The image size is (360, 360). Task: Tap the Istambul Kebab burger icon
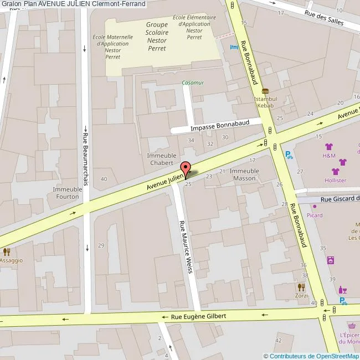click(265, 91)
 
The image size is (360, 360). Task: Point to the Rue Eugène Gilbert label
click(198, 316)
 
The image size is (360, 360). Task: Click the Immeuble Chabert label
click(160, 160)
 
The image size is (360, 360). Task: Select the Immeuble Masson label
click(244, 174)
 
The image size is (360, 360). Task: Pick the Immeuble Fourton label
click(67, 193)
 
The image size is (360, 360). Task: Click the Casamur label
click(193, 83)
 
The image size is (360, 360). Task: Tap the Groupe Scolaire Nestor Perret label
click(157, 36)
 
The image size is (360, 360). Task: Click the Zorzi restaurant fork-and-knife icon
click(301, 287)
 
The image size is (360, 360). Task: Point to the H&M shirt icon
click(330, 147)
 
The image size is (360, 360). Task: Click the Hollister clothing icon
click(335, 171)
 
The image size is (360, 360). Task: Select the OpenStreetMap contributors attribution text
click(311, 356)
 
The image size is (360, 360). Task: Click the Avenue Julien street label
click(164, 182)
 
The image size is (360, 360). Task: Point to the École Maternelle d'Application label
click(112, 47)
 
